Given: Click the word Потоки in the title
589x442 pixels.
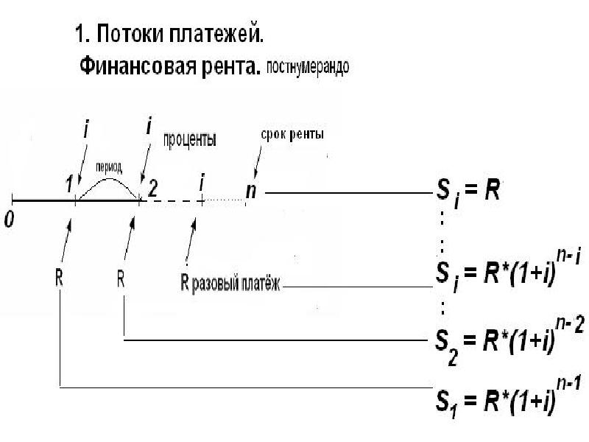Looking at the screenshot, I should (134, 34).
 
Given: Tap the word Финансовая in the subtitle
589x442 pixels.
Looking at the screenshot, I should (135, 68).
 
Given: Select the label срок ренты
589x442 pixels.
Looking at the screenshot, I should (292, 136).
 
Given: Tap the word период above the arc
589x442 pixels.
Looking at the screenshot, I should (109, 167).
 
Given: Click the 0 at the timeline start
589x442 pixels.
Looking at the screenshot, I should (8, 220).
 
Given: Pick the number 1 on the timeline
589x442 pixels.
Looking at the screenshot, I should (70, 187).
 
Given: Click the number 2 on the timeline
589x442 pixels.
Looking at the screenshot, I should (152, 187).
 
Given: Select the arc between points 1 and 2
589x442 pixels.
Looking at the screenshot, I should (109, 181).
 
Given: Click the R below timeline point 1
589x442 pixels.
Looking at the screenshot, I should (59, 278).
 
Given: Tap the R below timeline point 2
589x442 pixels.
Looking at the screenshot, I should (123, 278).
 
